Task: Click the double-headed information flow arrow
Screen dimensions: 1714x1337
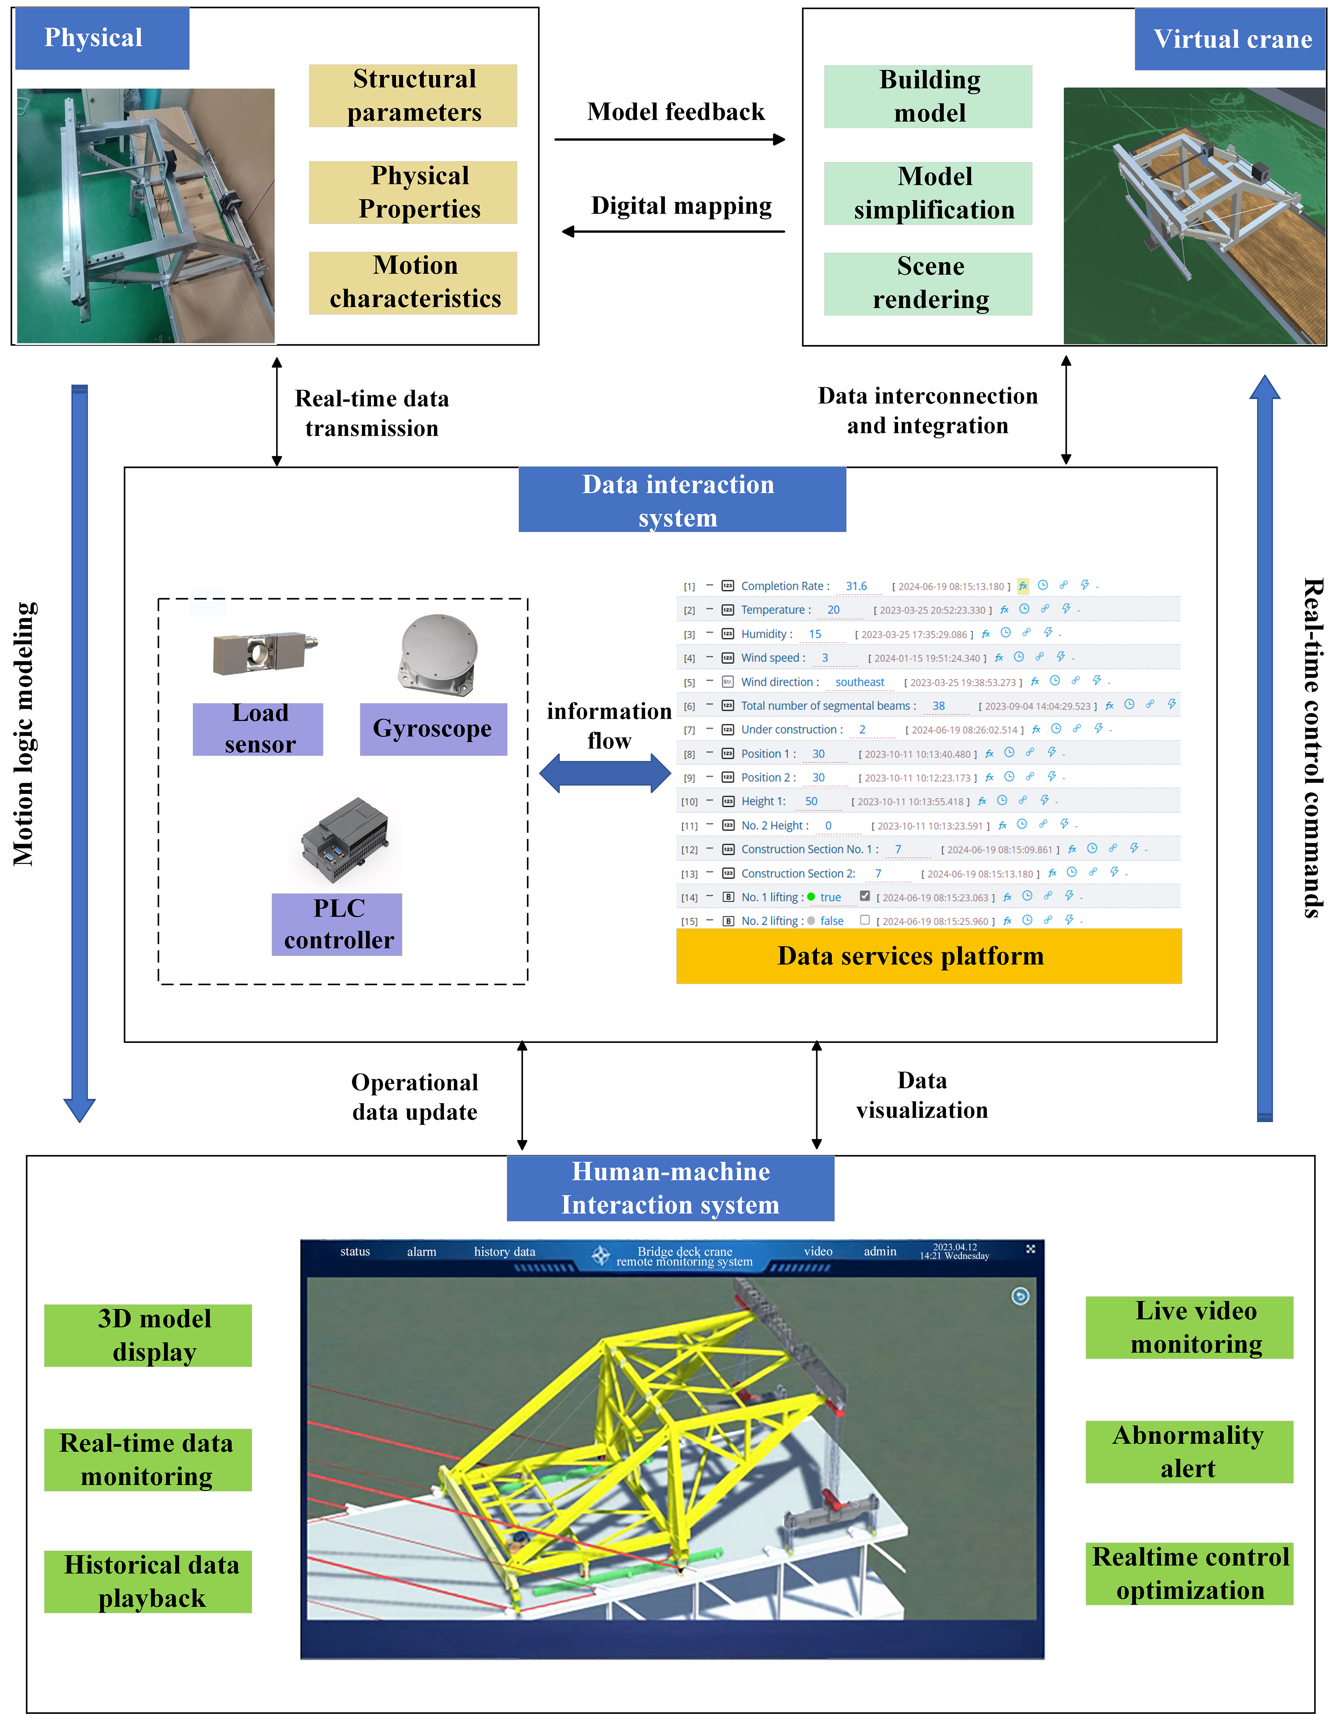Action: (605, 773)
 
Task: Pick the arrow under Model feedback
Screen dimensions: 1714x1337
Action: (669, 140)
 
